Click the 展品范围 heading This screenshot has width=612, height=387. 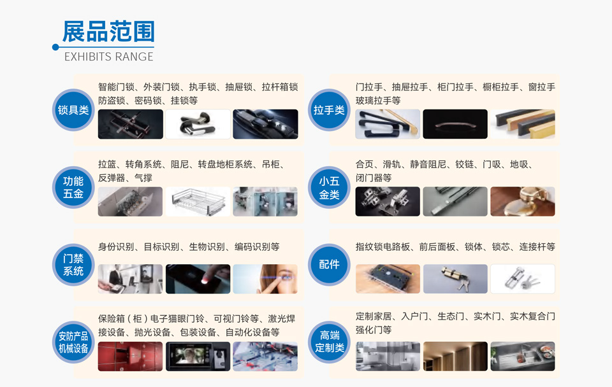pos(108,31)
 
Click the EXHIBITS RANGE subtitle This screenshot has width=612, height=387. pos(109,57)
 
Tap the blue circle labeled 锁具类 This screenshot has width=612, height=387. pos(73,110)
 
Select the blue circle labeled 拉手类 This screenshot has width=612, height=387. pos(329,110)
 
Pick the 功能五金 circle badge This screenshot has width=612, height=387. pos(73,188)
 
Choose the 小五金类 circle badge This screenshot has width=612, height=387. pos(329,188)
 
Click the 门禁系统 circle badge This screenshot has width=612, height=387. pos(73,265)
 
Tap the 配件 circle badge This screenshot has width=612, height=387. pos(329,265)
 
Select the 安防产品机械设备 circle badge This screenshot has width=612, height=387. pos(73,342)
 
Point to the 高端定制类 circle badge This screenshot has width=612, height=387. pos(329,342)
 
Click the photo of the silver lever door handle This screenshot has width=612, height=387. pos(198,124)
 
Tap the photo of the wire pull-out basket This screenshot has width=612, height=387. pos(198,202)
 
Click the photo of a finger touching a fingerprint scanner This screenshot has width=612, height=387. pos(198,279)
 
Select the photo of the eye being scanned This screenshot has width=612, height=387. pos(265,279)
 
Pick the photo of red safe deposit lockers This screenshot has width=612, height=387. pos(130,356)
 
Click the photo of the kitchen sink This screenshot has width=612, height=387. pos(523,356)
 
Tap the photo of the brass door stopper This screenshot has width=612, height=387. pos(523,202)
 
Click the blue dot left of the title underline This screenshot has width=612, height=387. pos(55,47)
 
